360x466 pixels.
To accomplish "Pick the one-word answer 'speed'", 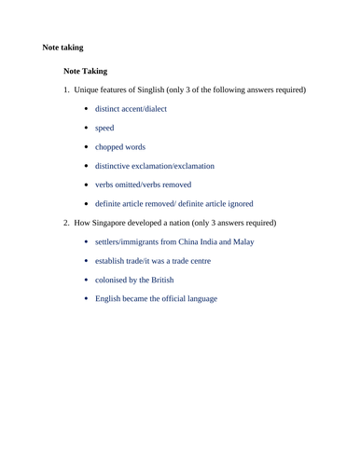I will pyautogui.click(x=104, y=128).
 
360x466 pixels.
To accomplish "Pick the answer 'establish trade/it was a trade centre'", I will pyautogui.click(x=153, y=261).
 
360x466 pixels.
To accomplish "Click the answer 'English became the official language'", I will pyautogui.click(x=157, y=298).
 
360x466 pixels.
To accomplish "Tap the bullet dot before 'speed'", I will pyautogui.click(x=86, y=128).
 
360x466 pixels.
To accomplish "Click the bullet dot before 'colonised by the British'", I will pyautogui.click(x=86, y=280).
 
